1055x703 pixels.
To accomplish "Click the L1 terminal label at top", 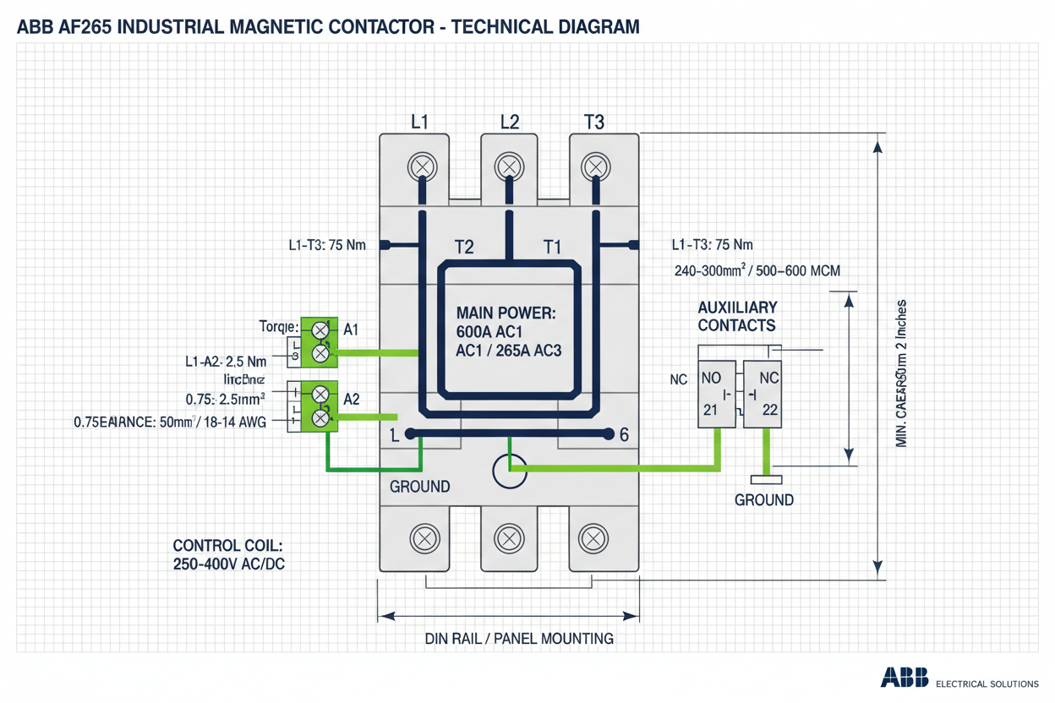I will [419, 122].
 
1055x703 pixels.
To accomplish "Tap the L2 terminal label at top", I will [510, 122].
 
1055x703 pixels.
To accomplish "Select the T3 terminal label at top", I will [594, 122].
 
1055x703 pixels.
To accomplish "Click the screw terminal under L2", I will [508, 166].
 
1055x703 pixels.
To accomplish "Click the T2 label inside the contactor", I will [464, 247].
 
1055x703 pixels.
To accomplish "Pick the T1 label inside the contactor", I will [551, 247].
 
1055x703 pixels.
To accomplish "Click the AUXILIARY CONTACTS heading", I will [736, 316].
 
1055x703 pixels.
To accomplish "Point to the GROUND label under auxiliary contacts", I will [763, 499].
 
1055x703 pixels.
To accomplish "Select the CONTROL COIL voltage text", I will [228, 554].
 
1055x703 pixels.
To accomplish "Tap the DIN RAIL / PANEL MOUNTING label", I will [518, 638].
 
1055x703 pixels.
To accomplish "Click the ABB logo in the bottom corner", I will [905, 678].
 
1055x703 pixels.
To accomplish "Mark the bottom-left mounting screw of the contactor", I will [423, 537].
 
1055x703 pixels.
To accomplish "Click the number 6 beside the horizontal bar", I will [624, 435].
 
